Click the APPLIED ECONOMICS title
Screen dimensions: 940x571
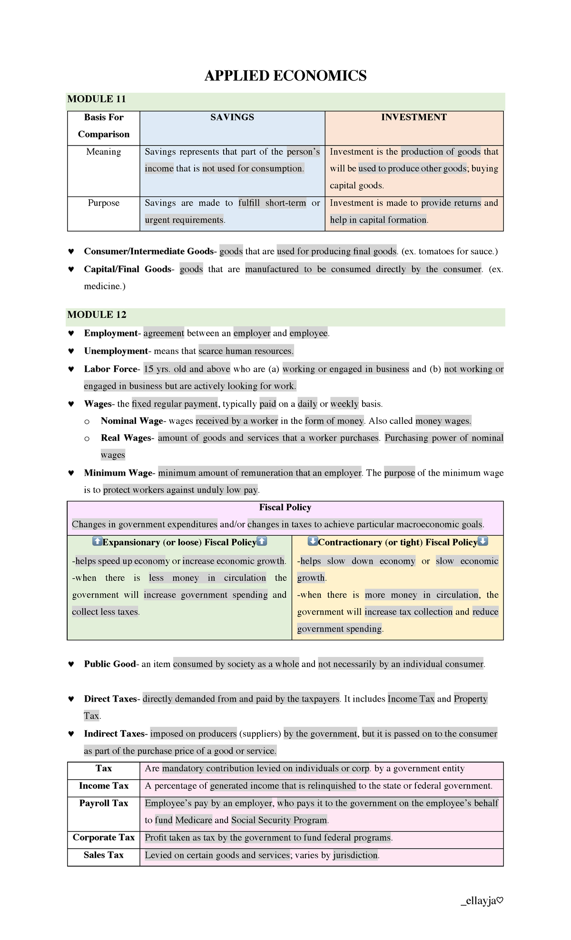tap(285, 76)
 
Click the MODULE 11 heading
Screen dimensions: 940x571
tap(97, 99)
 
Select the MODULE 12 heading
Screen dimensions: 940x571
tap(97, 314)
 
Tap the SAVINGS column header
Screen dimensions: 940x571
tap(232, 117)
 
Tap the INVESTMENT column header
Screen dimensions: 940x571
tap(413, 117)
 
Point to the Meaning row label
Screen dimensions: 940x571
tap(103, 152)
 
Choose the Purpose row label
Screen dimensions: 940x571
tap(103, 203)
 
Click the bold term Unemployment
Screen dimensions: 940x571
tap(116, 351)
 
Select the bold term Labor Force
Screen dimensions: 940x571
tap(110, 369)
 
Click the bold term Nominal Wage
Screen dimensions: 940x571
tap(132, 421)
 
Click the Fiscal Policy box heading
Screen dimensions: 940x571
tap(285, 508)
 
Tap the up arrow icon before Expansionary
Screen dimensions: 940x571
tap(97, 541)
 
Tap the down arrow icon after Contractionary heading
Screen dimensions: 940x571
tap(483, 541)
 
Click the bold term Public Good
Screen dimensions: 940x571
tap(110, 664)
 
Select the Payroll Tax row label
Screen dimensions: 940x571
tap(103, 803)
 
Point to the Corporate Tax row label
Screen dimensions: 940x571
tap(103, 838)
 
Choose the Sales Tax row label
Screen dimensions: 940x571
tap(103, 855)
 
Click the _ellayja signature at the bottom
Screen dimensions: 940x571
tap(482, 901)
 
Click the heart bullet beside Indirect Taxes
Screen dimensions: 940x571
tap(71, 734)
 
